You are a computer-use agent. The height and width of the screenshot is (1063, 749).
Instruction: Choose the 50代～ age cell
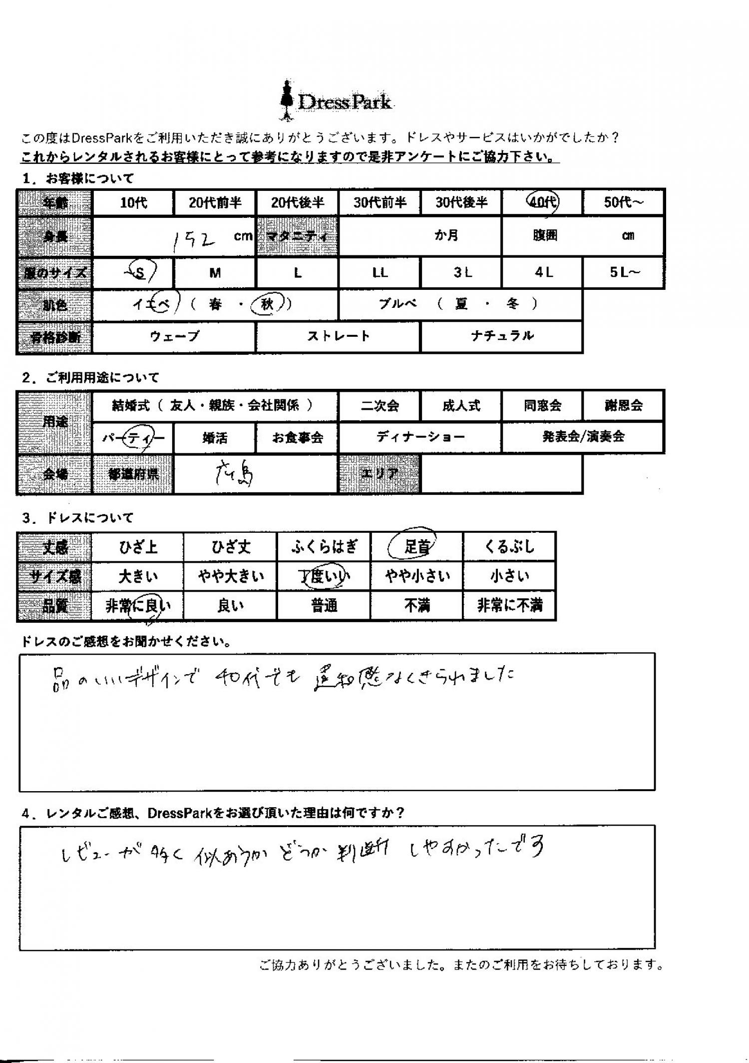click(624, 202)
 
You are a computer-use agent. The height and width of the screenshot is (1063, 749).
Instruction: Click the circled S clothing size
click(140, 273)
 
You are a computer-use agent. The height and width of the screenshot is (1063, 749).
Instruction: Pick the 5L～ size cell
click(624, 273)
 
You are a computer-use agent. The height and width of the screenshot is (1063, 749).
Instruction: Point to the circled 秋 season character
click(267, 304)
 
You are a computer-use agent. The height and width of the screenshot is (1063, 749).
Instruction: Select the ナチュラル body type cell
click(502, 336)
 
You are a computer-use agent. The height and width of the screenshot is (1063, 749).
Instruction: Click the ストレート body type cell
click(338, 336)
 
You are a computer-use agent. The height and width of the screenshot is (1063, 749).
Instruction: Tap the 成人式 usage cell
click(461, 405)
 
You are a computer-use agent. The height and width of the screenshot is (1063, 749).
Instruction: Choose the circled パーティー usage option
click(133, 438)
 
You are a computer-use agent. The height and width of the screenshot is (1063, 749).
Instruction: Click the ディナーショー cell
click(420, 437)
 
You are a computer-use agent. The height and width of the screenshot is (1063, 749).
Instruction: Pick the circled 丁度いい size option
click(324, 577)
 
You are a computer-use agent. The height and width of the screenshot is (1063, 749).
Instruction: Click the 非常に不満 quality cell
click(509, 606)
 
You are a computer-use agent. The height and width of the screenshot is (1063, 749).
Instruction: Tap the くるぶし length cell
click(509, 546)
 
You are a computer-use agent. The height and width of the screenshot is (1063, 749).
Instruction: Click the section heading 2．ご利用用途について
click(90, 378)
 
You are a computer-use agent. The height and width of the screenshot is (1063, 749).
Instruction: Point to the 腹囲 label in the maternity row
click(545, 236)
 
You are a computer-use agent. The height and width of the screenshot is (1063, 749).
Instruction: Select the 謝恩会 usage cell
click(623, 405)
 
